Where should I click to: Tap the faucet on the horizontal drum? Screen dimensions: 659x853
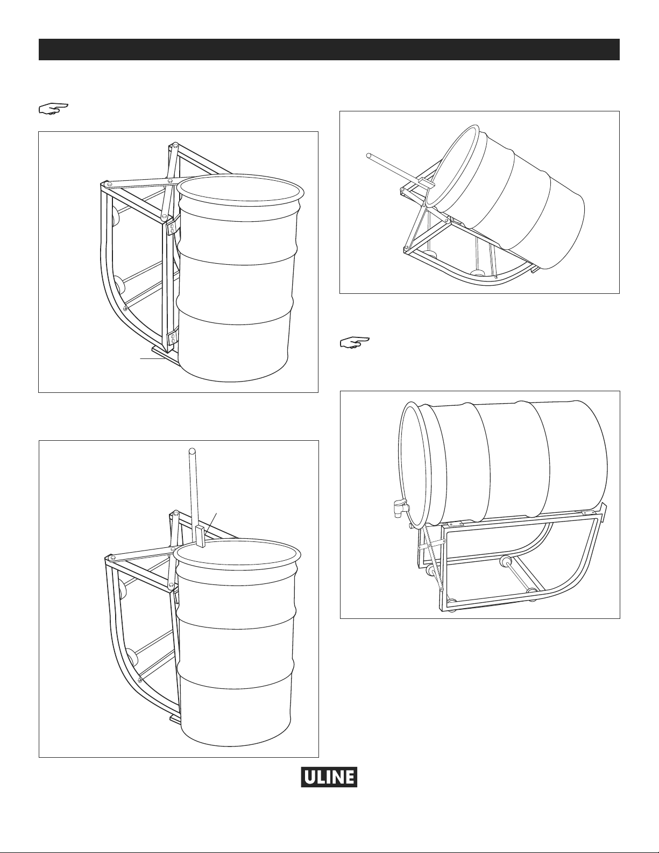coord(399,507)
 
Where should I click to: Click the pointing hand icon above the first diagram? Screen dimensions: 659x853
coord(53,108)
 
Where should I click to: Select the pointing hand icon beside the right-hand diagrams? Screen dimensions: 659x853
coord(354,342)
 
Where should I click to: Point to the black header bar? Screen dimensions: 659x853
coord(329,50)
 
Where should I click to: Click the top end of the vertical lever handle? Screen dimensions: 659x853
coord(192,450)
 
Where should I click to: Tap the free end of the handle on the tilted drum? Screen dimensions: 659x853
coord(369,156)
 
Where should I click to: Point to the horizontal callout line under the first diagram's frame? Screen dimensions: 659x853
coord(151,358)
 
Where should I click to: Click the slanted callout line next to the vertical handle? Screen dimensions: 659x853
coord(211,523)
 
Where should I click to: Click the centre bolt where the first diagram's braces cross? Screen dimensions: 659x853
coord(169,181)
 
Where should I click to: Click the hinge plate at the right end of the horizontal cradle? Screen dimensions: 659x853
coord(588,513)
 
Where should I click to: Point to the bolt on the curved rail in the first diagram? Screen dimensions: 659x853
coord(125,308)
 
